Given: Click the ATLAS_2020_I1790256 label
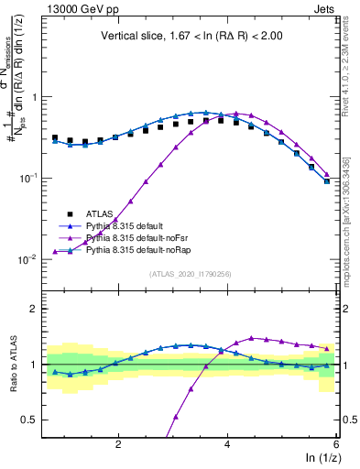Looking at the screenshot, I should [191, 274].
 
